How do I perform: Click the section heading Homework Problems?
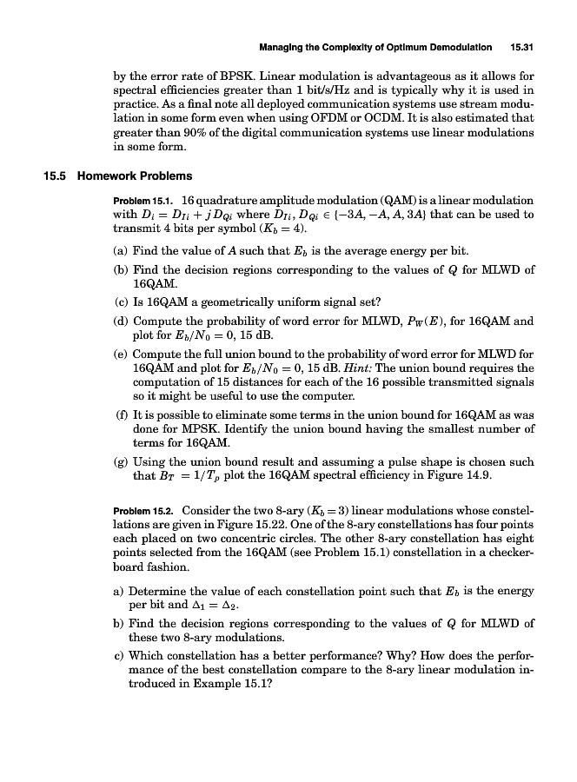135,176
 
